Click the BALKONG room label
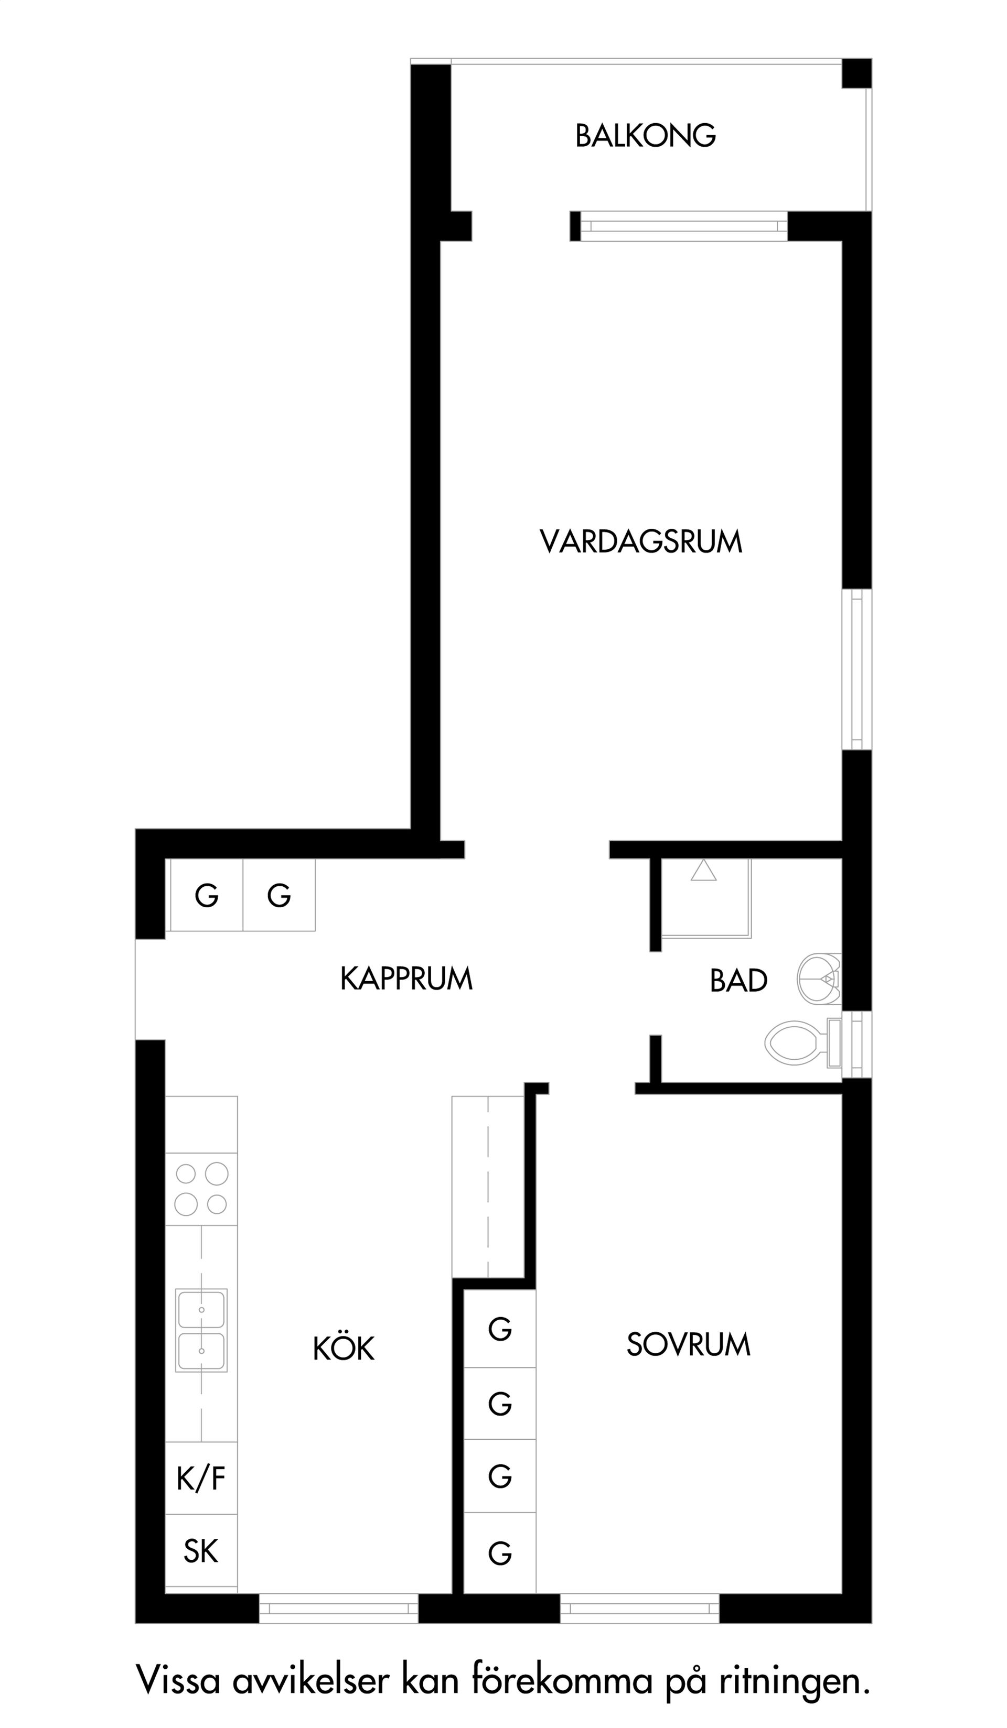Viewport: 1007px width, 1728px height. (645, 136)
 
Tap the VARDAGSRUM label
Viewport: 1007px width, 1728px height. (641, 542)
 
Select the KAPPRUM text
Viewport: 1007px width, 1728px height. (406, 979)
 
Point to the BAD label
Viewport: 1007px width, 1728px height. (738, 981)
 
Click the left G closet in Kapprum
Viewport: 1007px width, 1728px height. (207, 895)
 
